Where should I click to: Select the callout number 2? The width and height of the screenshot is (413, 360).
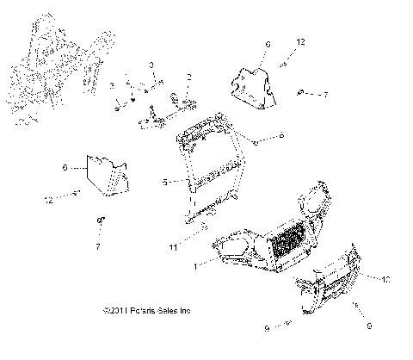pos(189,77)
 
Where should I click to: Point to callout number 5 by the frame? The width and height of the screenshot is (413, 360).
pos(164,182)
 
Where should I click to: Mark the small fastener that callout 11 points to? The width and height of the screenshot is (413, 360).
pos(202,228)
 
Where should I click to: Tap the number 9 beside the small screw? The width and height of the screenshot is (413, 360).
pos(267,328)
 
